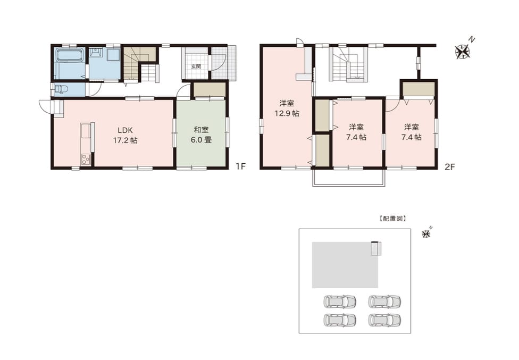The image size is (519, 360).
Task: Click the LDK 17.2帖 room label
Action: point(125,135)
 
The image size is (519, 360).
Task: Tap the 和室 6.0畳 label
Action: point(201,135)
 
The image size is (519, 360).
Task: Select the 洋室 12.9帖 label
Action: point(287,108)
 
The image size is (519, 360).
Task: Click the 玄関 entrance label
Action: point(196,66)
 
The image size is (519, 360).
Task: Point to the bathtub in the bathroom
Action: point(69,55)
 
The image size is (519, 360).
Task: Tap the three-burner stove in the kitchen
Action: point(86,159)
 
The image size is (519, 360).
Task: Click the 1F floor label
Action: point(241,166)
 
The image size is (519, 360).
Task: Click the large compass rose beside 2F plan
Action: point(463,52)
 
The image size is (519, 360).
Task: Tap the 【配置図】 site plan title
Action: point(392,219)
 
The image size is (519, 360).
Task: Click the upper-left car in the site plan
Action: point(340,301)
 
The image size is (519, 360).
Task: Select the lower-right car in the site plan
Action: point(384,320)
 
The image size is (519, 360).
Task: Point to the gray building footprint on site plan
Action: point(345,265)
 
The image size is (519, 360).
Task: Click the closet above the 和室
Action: point(210,90)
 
